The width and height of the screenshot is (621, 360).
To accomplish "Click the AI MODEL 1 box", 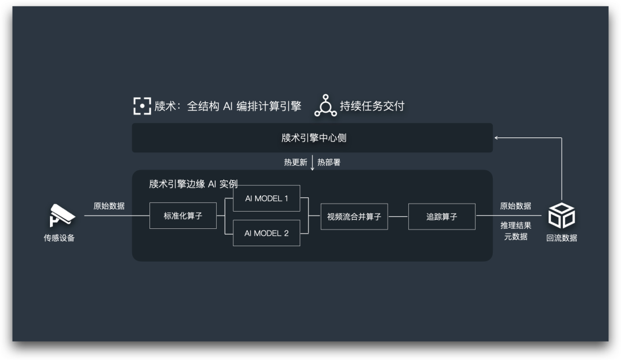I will (x=266, y=198).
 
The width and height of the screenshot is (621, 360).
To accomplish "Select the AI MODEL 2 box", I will (x=266, y=233).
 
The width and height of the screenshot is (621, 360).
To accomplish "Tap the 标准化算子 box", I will (x=183, y=216).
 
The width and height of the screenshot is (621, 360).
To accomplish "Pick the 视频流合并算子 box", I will (x=354, y=216).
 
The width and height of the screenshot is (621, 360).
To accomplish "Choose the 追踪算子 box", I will (x=442, y=216).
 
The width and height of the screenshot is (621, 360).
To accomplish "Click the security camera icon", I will (x=62, y=216).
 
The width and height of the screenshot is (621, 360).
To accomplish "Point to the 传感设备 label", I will (x=59, y=238).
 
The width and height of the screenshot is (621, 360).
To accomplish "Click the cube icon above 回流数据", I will (x=561, y=216).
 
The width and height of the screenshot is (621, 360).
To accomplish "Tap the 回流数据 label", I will (x=561, y=238).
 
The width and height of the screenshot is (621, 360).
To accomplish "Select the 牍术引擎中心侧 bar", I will (x=312, y=138).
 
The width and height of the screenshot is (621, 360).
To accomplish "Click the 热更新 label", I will (x=296, y=162).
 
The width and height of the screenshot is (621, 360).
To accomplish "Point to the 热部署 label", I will (x=329, y=162).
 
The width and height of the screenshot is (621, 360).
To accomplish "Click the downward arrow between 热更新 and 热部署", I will (x=312, y=163).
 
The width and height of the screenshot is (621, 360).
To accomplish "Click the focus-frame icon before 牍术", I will (x=142, y=106).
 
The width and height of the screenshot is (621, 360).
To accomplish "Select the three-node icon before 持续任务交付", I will (x=325, y=105).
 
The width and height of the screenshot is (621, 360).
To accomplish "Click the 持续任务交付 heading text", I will (x=372, y=106).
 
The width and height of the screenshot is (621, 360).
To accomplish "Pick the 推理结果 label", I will (x=515, y=225).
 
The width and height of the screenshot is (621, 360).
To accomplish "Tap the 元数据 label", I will (x=515, y=236).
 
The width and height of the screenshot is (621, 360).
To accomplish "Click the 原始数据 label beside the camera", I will (x=109, y=206).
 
